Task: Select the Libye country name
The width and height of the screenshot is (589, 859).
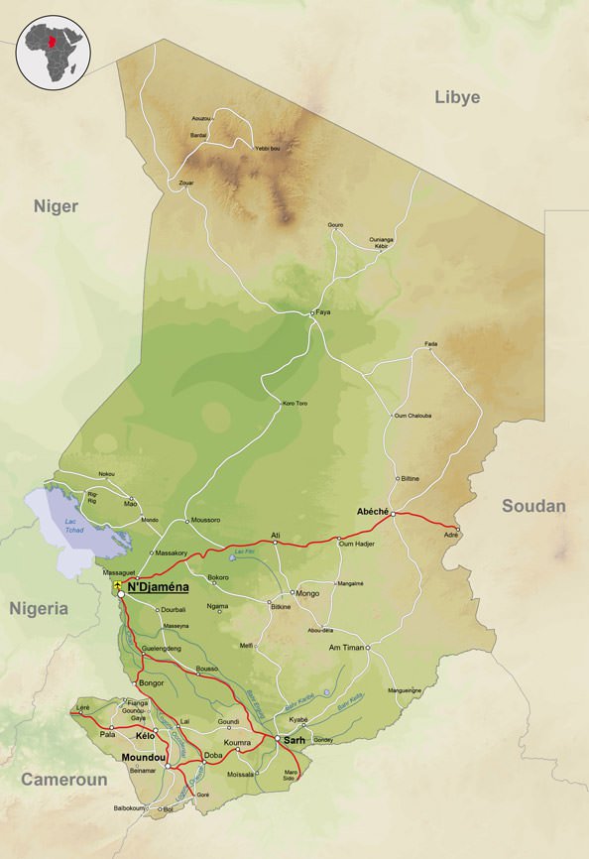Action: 457,97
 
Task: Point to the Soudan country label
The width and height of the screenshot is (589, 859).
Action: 533,506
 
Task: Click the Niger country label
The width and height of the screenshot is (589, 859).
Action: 56,205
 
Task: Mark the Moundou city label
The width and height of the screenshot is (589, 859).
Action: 141,758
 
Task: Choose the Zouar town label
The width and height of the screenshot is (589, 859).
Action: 185,184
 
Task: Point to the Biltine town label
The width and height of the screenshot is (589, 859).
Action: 409,478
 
